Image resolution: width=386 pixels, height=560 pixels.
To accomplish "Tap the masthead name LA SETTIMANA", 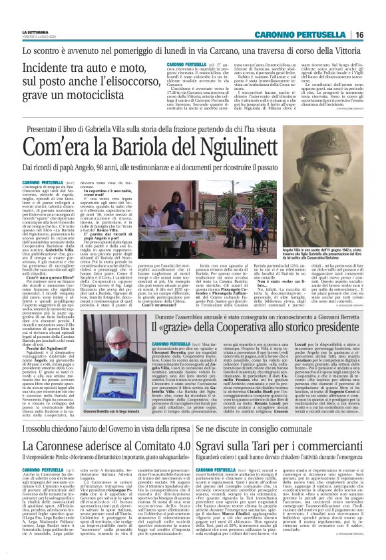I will [x=35, y=32].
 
